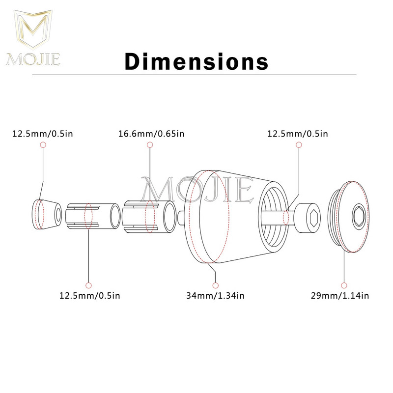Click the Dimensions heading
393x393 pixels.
[196, 61]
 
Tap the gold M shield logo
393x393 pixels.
[33, 29]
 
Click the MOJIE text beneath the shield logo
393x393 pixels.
[33, 59]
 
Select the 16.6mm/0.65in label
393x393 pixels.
[151, 134]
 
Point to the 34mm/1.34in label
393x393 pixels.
[215, 296]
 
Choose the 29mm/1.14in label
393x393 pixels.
[340, 296]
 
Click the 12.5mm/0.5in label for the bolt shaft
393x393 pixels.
[298, 134]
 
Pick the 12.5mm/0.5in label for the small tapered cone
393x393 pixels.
[43, 134]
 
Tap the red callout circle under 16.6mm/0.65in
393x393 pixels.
[150, 144]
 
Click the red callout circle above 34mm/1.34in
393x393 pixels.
[215, 285]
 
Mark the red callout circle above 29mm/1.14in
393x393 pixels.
[344, 285]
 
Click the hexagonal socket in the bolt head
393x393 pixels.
[314, 218]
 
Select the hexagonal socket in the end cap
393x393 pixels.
[360, 216]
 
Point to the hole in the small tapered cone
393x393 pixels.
[58, 215]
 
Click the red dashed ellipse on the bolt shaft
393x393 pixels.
[286, 218]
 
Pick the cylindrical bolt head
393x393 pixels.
[308, 218]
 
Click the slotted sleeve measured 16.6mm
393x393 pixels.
[149, 217]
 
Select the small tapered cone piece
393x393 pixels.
[47, 215]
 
